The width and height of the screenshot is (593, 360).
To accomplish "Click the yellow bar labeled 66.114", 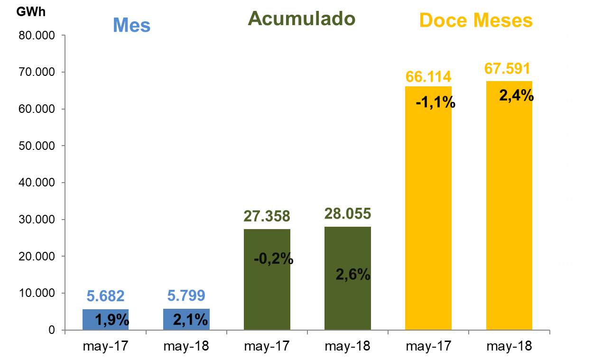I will point(428,213).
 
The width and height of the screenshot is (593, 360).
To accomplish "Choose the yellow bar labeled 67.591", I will point(509,213).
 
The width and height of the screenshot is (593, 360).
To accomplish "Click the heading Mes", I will point(132,26).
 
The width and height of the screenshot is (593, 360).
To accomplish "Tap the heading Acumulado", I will point(301,19).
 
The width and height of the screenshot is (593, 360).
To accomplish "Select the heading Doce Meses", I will point(476,21).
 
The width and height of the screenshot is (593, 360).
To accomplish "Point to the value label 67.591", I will point(507,69).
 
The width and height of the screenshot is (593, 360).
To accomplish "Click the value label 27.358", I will point(267,216).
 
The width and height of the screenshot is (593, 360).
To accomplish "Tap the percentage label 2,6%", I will point(353,274).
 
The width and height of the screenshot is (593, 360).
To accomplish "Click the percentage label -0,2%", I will point(273,259).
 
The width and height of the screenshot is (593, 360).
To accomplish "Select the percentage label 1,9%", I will point(112,320).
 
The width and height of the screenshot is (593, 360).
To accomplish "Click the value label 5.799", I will point(186,296).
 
